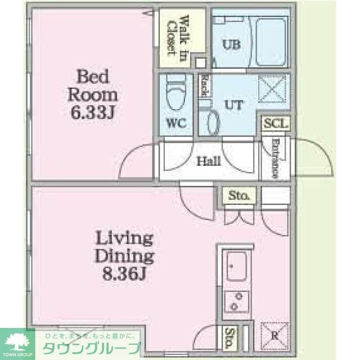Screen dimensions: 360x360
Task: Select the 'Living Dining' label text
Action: coord(124,247)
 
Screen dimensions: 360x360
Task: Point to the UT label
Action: coord(235,104)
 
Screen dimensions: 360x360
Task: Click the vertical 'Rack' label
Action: coord(205,85)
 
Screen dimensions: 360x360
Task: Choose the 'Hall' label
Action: coord(208,161)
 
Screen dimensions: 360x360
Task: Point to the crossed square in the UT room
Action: coord(272,89)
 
